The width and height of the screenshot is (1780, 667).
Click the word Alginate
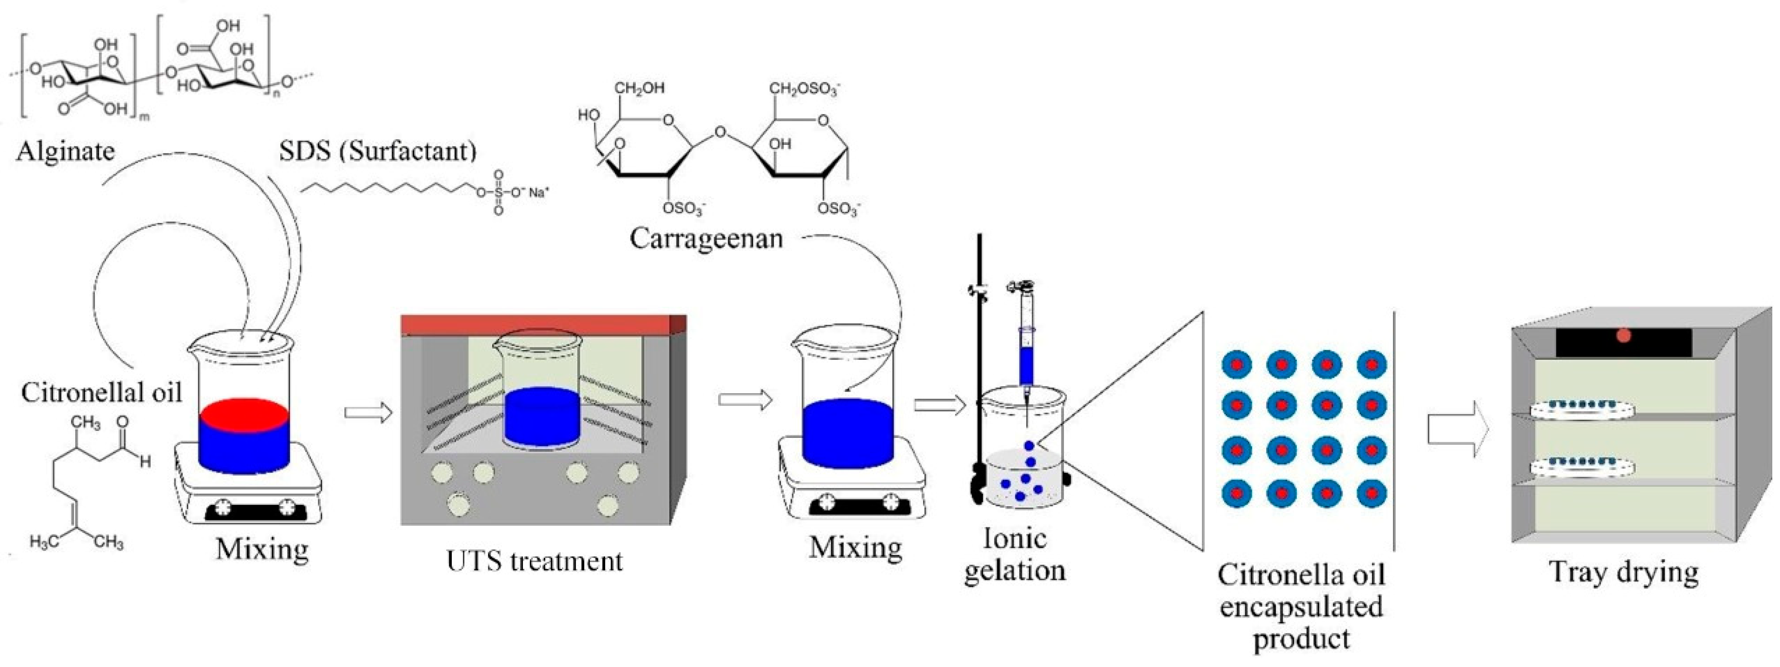[x=65, y=151]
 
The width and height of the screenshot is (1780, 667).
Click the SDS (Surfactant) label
[x=377, y=151]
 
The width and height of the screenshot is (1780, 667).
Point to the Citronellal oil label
[x=101, y=392]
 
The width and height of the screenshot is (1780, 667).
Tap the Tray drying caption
[x=1623, y=572]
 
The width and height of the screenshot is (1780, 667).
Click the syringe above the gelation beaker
[x=1026, y=346]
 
